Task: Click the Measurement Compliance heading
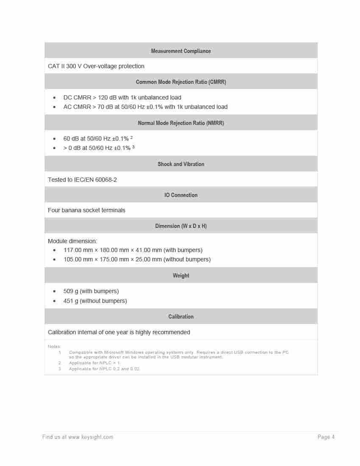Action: tap(181, 51)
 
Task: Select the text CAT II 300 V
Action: tap(64, 66)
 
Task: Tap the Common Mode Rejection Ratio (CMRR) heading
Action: tap(181, 82)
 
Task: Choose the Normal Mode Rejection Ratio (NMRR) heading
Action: tap(181, 123)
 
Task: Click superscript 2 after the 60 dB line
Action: tap(132, 138)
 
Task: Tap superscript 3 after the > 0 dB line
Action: tap(133, 147)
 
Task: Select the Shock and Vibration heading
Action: tap(181, 164)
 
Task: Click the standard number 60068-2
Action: tap(106, 180)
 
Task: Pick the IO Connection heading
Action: tap(181, 195)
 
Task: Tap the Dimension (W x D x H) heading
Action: tap(181, 226)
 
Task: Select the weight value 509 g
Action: tap(71, 291)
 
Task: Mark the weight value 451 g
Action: tap(71, 301)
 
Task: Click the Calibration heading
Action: tap(181, 317)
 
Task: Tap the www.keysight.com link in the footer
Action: tap(91, 437)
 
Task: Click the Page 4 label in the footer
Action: tap(326, 437)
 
